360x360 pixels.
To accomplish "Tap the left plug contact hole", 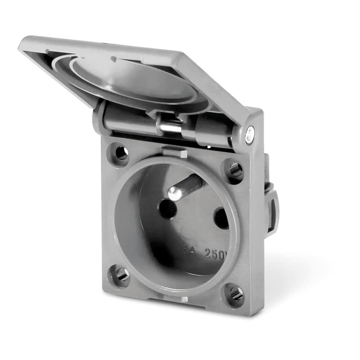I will point(168,209).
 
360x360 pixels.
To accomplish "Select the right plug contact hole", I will point(222,218).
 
